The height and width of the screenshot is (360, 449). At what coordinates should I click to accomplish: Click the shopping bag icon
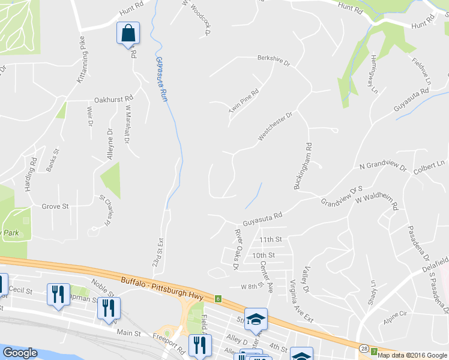pos(128,33)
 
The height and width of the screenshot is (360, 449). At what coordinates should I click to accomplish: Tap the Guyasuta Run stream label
pos(160,78)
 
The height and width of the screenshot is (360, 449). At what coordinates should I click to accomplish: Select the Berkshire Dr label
pos(274,61)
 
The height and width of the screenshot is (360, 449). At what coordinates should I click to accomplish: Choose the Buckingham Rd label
pos(302,166)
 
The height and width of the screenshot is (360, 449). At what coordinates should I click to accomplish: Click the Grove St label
pos(55,206)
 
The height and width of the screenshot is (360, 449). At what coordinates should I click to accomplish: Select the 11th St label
pos(271,239)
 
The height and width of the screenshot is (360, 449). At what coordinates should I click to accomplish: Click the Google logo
pos(20,353)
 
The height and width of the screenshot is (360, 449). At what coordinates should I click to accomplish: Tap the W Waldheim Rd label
pos(377,202)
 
